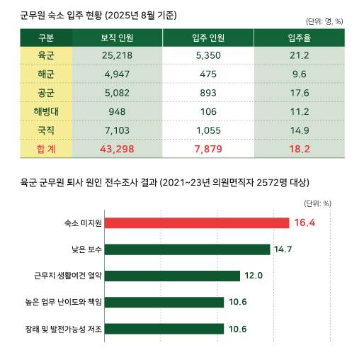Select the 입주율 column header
[x=299, y=37]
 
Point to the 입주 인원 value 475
[x=208, y=74]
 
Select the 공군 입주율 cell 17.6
[x=299, y=94]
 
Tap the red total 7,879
[x=208, y=149]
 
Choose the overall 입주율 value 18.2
[x=299, y=149]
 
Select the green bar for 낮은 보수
[x=187, y=249]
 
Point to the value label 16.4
[x=305, y=223]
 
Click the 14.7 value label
[x=283, y=249]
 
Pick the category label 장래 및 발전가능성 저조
[x=64, y=328]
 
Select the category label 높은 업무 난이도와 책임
[x=64, y=302]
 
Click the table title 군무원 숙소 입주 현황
[x=99, y=15]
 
